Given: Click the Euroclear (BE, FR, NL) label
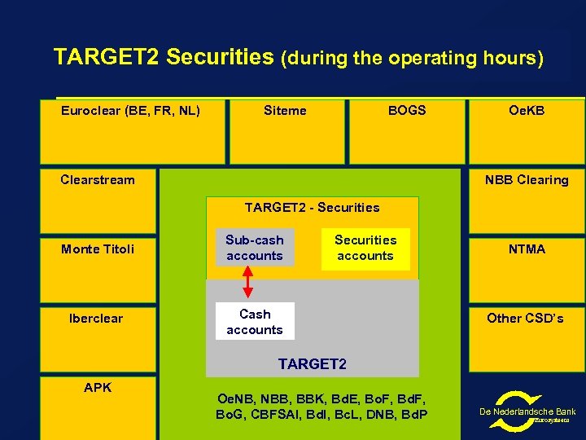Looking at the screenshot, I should pos(130,111).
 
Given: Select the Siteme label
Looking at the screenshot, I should pos(285,111).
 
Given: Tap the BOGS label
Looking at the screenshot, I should pos(406,111).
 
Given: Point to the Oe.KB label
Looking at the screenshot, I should pos(526,111).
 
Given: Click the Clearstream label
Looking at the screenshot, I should pos(98,180).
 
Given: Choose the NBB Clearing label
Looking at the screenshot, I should pos(526,180).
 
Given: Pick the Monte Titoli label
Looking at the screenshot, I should pos(98,249).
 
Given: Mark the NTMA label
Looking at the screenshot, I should pos(527,249).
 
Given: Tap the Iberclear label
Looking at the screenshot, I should pos(96,319).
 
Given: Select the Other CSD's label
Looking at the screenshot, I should pos(525,319).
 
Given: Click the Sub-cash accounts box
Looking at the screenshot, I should pos(254,248).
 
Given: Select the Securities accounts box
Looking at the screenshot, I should pos(365,248).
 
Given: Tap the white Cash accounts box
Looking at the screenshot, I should pos(254,322).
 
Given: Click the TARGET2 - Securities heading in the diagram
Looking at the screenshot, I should pos(312,208).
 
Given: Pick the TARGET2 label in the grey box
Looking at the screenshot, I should pos(312,364).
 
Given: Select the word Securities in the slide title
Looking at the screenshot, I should pos(221,57).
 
